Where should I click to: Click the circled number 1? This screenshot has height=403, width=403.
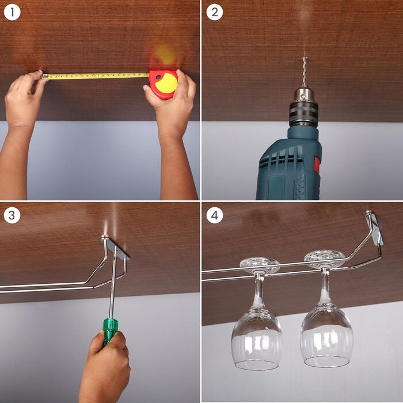tap(12, 12)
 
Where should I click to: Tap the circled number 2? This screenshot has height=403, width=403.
tap(215, 12)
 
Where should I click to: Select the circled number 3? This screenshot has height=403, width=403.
tap(12, 215)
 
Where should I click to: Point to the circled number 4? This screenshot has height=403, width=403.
tap(215, 215)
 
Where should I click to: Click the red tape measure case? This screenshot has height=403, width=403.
tap(164, 84)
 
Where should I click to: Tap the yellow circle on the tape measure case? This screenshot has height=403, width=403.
tap(166, 83)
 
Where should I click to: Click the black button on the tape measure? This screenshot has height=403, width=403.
tap(158, 77)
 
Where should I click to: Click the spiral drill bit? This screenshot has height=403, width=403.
tap(305, 72)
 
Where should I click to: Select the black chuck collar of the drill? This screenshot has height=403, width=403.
tap(303, 113)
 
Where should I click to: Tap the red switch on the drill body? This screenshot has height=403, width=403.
tap(317, 165)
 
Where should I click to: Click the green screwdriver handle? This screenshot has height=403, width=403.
tap(109, 332)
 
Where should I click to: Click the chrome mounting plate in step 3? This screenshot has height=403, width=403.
tap(115, 248)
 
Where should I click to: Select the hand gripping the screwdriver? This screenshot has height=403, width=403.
tap(104, 366)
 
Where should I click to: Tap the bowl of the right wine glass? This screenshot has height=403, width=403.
tap(326, 336)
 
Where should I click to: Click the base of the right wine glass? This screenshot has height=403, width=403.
tap(324, 259)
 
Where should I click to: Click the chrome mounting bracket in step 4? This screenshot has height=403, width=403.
tap(375, 228)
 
